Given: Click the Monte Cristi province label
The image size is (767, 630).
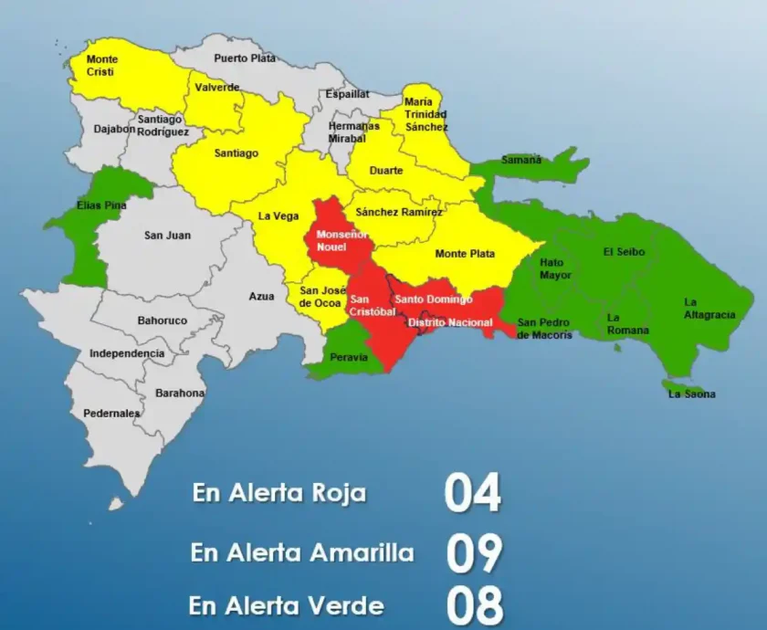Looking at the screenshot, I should point(101,66).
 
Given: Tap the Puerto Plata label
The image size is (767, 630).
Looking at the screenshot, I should point(245,58).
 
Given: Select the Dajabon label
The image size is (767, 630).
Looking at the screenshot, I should point(114,130).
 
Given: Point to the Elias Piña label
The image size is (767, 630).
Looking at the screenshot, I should point(102,205).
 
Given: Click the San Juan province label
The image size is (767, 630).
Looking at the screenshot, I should point(167,236).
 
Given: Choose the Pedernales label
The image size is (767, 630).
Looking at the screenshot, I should point(111,413).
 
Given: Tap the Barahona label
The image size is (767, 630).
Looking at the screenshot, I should point(180,394).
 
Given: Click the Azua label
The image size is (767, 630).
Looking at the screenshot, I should point(261,296).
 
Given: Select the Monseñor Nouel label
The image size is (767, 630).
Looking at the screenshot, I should point(334,241).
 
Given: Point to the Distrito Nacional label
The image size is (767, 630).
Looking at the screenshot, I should point(450,322).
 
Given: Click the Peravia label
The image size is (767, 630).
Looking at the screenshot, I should point(349,358).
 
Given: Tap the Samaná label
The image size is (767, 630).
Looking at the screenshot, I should point(521,160).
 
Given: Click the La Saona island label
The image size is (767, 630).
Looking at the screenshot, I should point(692,394).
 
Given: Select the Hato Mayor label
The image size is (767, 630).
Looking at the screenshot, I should point(556,268).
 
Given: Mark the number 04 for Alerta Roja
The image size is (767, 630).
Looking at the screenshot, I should point(473,493).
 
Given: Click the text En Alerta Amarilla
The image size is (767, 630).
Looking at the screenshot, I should point(302,552).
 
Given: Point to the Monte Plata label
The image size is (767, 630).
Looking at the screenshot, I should point(465,254).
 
